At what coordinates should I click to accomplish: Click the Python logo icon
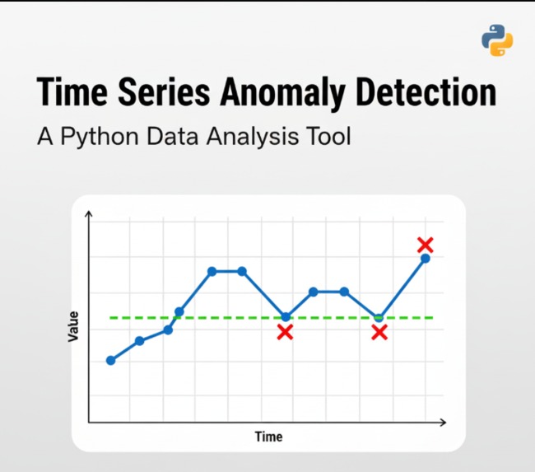[496, 40]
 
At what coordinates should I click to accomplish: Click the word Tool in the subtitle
[328, 135]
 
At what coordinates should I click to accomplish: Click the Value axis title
[74, 326]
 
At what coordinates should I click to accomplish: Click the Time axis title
[268, 437]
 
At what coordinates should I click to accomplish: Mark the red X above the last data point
[425, 245]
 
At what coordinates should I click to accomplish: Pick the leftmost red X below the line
[285, 332]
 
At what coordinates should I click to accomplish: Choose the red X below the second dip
[379, 332]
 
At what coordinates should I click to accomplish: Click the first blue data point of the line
[110, 360]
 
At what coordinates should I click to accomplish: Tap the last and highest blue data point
[426, 259]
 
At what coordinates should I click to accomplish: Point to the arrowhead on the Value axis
[89, 215]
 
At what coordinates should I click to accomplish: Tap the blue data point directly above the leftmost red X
[286, 316]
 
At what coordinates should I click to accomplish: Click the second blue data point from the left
[139, 340]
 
